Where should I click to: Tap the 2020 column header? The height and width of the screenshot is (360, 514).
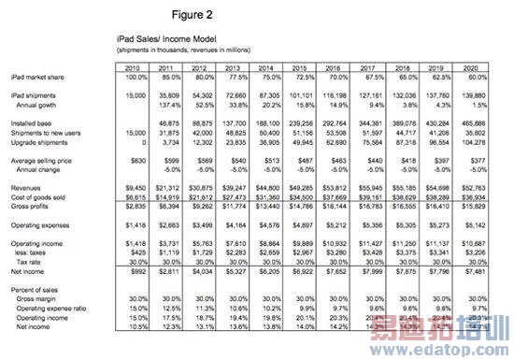click(x=470, y=67)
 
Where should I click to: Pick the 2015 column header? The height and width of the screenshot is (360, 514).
click(x=301, y=67)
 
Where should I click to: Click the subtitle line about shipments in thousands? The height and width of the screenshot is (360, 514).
click(x=174, y=49)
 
